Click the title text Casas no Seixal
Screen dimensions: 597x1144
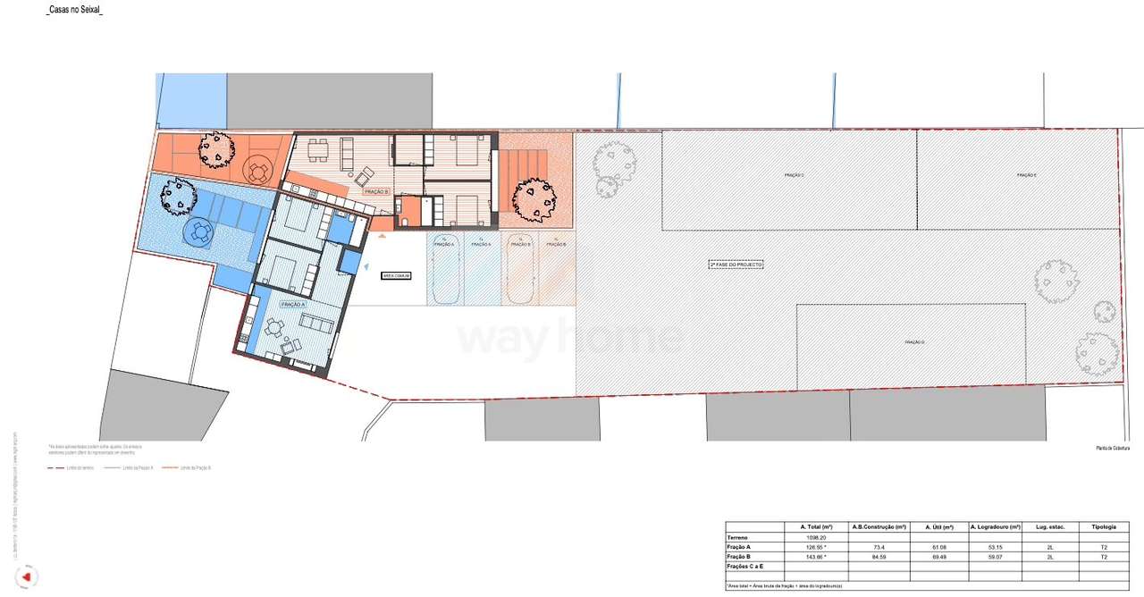(74, 10)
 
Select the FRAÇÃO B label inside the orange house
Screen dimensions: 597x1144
(375, 191)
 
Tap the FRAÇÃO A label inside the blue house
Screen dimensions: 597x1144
(292, 305)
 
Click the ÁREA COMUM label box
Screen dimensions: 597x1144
(396, 276)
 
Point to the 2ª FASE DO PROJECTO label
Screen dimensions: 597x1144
(736, 265)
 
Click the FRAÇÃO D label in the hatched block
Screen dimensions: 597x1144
(913, 342)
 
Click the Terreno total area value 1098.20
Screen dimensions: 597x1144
(814, 537)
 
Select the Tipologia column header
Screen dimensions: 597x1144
(1103, 526)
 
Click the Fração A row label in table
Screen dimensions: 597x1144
(738, 547)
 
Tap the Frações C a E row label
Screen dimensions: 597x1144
(744, 567)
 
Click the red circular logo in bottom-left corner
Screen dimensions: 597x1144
(27, 577)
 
